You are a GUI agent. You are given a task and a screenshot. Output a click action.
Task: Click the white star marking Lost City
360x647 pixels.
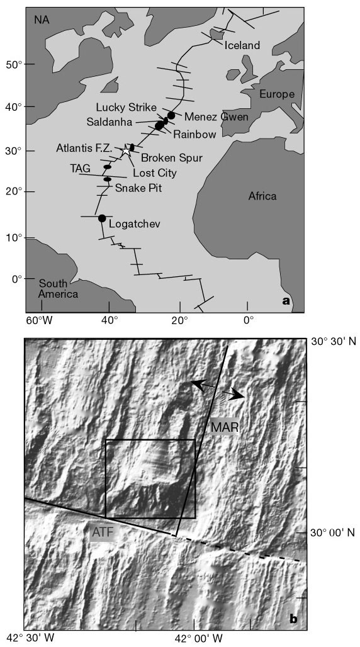click(x=127, y=150)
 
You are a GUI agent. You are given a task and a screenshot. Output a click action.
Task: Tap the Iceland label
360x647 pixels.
click(x=242, y=45)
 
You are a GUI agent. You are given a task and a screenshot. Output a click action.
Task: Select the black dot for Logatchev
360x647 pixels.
click(x=102, y=218)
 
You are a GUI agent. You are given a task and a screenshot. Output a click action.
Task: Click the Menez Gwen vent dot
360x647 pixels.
click(x=171, y=115)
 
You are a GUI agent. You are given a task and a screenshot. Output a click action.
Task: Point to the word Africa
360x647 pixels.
click(x=262, y=196)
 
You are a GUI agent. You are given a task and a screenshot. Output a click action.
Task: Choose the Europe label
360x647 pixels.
click(x=276, y=94)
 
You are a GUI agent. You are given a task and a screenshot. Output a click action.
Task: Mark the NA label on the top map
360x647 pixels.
click(x=42, y=20)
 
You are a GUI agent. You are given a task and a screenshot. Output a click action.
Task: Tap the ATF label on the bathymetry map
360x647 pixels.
click(x=100, y=533)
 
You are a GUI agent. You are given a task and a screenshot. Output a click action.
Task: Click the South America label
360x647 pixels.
click(x=57, y=289)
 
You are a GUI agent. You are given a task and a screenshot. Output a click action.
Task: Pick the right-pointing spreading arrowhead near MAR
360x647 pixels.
click(x=237, y=395)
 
